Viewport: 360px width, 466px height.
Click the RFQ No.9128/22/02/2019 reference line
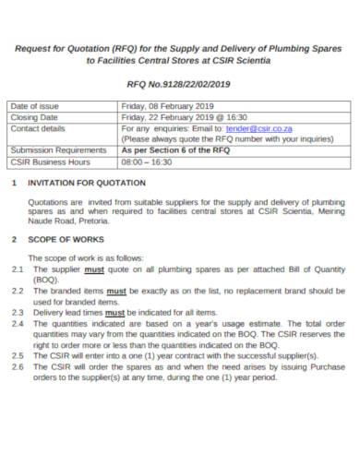tap(180, 82)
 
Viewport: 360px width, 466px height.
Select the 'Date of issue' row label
tap(35, 107)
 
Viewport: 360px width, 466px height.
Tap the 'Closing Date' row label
tap(34, 117)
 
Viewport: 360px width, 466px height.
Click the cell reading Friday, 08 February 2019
tap(171, 107)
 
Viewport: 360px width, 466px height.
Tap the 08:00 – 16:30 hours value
tap(147, 160)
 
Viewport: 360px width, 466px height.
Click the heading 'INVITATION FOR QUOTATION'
tap(89, 182)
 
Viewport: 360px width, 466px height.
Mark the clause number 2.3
tap(18, 312)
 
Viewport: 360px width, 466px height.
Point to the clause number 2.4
tap(18, 323)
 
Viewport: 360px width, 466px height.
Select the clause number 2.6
tap(18, 366)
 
